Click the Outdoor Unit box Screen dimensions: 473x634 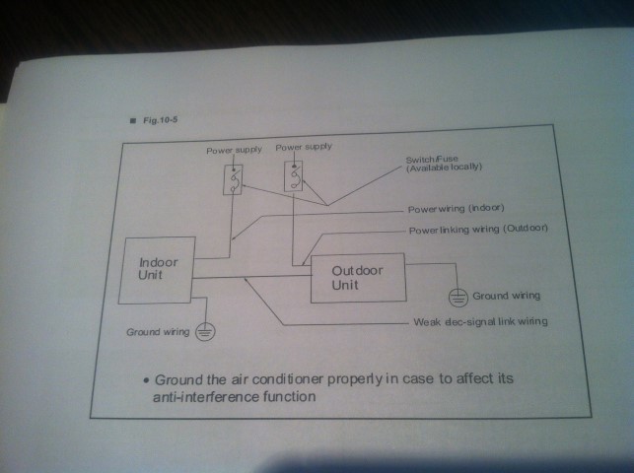pos(357,279)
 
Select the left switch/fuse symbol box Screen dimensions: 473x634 pos(234,179)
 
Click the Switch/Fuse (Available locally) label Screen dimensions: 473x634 pos(443,164)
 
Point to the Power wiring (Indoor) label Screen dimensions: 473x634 pos(456,210)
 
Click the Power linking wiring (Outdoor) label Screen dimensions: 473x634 pos(477,229)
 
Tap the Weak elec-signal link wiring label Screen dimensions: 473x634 pos(479,322)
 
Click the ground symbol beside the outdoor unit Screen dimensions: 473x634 pos(457,294)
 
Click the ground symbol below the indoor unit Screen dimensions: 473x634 pos(204,332)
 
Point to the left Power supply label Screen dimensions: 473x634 pos(234,150)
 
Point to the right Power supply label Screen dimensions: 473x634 pos(304,146)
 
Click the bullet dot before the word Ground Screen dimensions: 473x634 pos(145,379)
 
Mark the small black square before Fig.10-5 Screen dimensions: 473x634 pos(128,121)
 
